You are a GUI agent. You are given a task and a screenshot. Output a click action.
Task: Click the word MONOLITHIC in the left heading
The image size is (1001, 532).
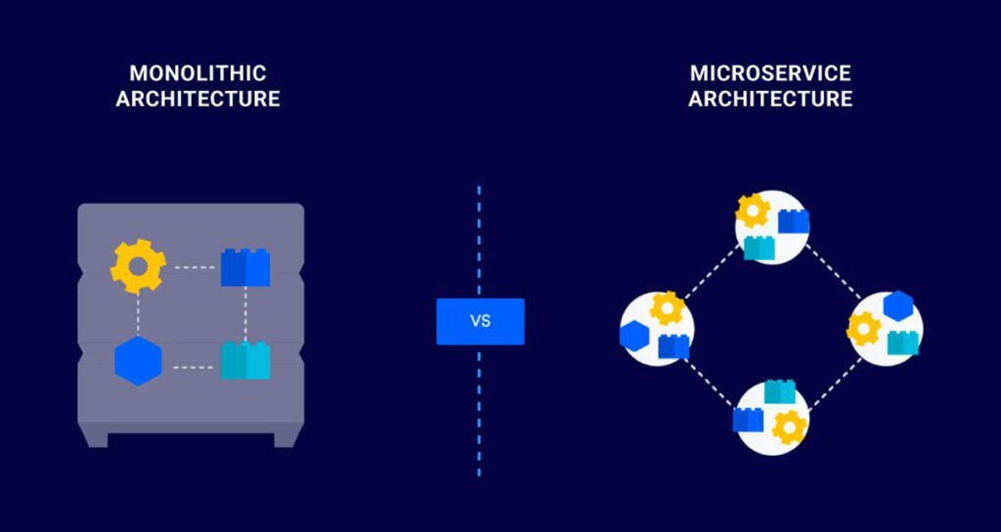pos(197,74)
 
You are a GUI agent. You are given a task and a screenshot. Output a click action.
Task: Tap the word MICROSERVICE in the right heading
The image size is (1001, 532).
pos(770,74)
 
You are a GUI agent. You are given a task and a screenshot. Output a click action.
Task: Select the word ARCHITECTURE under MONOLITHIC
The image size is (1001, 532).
pos(197,99)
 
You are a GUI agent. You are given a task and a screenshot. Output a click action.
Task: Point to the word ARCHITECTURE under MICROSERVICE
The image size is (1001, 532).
pos(770,99)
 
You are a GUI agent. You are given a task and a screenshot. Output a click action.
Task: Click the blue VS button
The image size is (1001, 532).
pos(480,322)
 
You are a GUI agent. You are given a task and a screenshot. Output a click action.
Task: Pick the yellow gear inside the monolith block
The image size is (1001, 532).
pos(138,266)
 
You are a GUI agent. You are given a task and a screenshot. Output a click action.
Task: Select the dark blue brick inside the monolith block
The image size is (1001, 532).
pos(245,267)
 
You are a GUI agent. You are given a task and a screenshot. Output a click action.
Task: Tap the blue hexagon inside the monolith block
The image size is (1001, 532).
pos(138,360)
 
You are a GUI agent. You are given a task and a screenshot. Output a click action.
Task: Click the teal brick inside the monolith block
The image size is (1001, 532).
pos(245,360)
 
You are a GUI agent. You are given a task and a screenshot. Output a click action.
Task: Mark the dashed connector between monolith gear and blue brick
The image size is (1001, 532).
pos(194,267)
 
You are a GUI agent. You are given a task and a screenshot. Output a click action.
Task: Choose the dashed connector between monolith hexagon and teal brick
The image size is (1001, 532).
pos(194,368)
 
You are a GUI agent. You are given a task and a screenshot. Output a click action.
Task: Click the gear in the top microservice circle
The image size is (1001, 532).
pos(753,211)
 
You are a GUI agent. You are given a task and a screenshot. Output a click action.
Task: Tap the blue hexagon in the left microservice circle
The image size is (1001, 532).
pos(635,334)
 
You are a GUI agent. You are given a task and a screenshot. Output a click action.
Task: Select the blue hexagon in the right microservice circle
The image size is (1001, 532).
pos(897,307)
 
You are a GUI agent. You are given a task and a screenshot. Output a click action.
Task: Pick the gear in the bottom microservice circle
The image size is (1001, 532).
pos(789,426)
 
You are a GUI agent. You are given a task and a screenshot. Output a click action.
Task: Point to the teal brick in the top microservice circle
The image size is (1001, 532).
pos(759,247)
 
